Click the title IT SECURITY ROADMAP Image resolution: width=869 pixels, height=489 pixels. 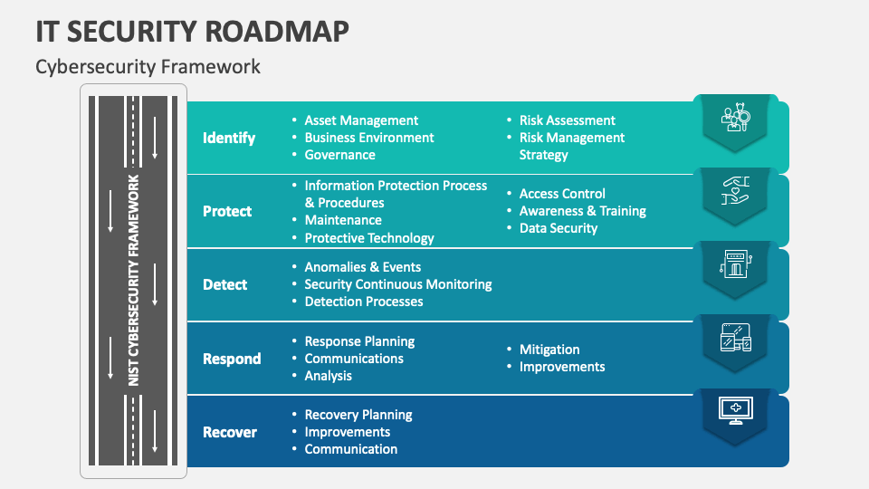click(x=192, y=32)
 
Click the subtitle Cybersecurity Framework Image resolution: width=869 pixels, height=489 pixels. click(x=148, y=67)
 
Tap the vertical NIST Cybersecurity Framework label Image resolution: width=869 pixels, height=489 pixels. click(x=134, y=281)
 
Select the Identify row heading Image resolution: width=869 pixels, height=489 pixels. click(x=229, y=138)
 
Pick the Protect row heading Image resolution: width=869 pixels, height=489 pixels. click(x=227, y=211)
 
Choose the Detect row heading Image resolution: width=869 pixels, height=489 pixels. click(x=225, y=284)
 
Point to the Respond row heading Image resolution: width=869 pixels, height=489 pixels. click(x=232, y=359)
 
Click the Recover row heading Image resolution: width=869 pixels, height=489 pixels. click(x=230, y=432)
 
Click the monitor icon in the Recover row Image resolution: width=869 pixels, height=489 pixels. click(x=735, y=411)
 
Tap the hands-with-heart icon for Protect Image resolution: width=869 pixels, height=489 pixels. click(x=735, y=191)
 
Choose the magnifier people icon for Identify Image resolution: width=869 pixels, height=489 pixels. click(x=735, y=117)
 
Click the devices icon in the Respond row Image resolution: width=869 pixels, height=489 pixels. click(x=735, y=337)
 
